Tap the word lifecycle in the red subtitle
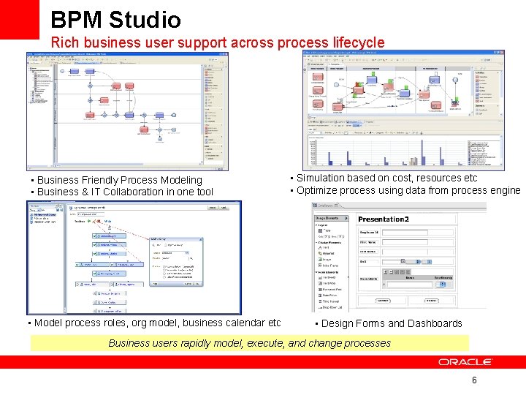[355, 43]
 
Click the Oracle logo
[465, 362]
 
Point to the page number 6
[474, 380]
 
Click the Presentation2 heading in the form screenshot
[383, 219]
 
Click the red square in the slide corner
[19, 19]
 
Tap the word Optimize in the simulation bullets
[316, 190]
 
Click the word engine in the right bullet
[505, 190]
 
